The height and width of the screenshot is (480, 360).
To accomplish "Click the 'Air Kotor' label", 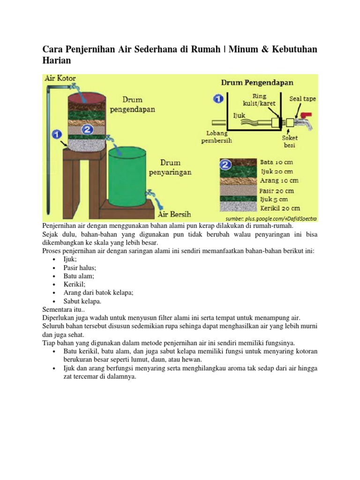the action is pyautogui.click(x=60, y=78).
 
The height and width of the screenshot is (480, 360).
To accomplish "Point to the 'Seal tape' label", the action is pyautogui.click(x=302, y=99).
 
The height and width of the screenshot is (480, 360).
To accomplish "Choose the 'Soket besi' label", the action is pyautogui.click(x=290, y=142).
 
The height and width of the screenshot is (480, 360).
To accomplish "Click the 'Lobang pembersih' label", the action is pyautogui.click(x=216, y=136).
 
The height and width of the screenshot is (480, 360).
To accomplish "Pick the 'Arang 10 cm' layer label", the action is pyautogui.click(x=278, y=180).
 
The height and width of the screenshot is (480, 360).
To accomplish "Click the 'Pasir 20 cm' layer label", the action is pyautogui.click(x=277, y=191).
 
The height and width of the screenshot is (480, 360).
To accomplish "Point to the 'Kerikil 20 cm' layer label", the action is pyautogui.click(x=280, y=208).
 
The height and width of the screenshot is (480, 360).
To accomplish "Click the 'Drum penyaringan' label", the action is pyautogui.click(x=176, y=167).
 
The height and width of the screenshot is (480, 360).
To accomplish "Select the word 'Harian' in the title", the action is pyautogui.click(x=57, y=61).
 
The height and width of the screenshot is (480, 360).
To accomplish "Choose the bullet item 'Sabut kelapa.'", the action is pyautogui.click(x=82, y=301).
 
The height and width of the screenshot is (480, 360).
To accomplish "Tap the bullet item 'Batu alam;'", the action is pyautogui.click(x=79, y=276).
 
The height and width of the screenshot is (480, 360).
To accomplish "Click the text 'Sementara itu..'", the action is pyautogui.click(x=64, y=309).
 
